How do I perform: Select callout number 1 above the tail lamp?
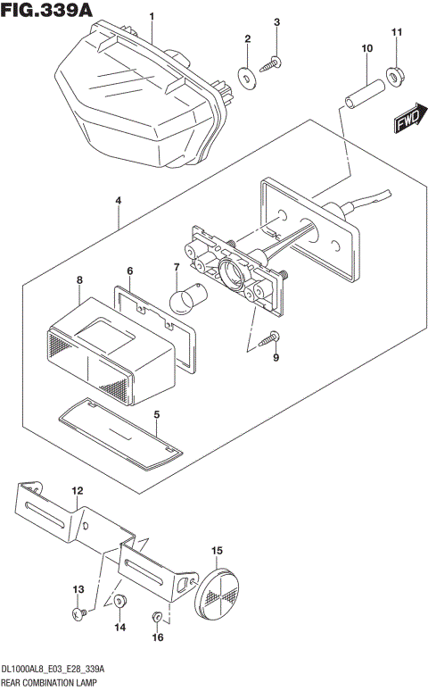(x=152, y=16)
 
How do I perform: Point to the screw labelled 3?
(x=274, y=62)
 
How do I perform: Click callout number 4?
(x=118, y=201)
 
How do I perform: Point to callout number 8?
(x=79, y=280)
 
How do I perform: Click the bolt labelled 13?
(x=79, y=613)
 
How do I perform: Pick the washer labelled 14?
(x=120, y=604)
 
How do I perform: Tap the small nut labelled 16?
(x=157, y=616)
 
